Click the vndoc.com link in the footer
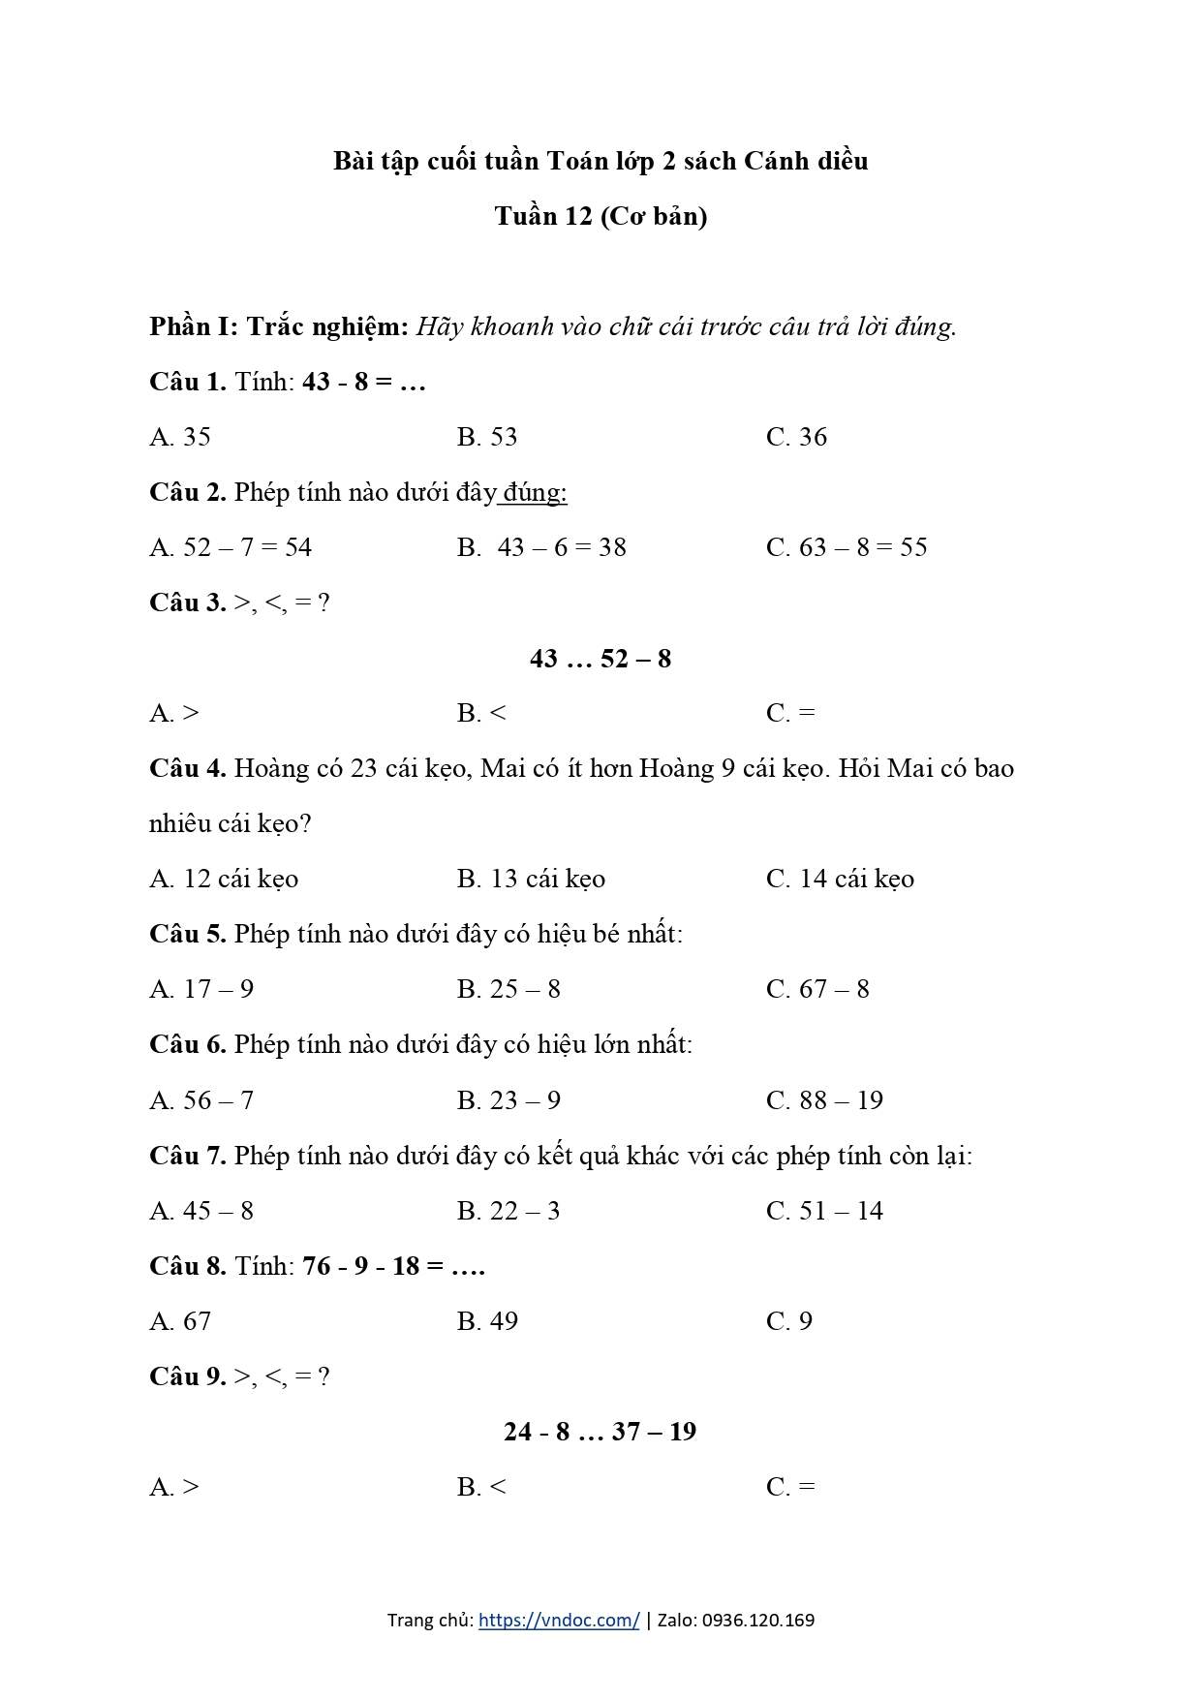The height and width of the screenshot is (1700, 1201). click(x=559, y=1620)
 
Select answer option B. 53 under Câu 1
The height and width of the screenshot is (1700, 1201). click(x=487, y=437)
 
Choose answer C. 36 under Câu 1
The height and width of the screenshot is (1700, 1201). click(x=796, y=437)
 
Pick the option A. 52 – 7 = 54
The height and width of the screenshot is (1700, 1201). click(x=231, y=547)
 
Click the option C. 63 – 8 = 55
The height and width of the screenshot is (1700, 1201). click(x=847, y=547)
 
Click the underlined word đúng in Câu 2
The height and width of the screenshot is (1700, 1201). click(x=534, y=492)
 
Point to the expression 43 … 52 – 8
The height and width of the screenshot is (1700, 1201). click(x=600, y=659)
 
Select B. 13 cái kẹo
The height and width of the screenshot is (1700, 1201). click(x=531, y=879)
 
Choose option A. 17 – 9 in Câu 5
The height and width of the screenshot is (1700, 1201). click(x=201, y=989)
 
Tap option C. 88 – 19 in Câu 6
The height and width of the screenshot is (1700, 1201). click(x=824, y=1100)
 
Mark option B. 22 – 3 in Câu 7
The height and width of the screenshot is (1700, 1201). click(x=508, y=1211)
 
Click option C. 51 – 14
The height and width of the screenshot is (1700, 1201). click(x=824, y=1211)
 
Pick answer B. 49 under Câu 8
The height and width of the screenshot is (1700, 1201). click(x=487, y=1321)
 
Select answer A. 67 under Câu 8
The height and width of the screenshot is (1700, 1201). click(x=180, y=1321)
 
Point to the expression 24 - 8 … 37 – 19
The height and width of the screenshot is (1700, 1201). click(x=600, y=1432)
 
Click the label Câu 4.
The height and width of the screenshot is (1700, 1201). click(x=188, y=769)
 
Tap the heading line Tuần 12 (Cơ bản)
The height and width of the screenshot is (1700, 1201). click(x=600, y=216)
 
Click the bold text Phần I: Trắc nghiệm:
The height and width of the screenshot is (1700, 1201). click(x=279, y=326)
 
